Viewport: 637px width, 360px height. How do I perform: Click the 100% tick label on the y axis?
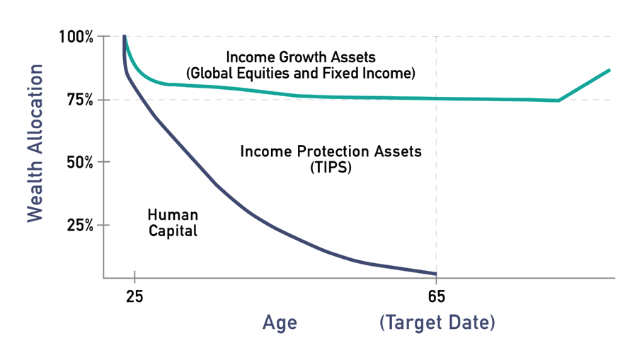pos(76,37)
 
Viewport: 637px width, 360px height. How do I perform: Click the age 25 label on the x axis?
pos(134,296)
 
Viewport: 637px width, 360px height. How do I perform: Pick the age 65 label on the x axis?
pos(436,296)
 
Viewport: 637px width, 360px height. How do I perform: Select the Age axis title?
pos(280,323)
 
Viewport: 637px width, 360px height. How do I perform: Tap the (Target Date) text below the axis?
pos(437,323)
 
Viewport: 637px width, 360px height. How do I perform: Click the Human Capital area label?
pos(172,222)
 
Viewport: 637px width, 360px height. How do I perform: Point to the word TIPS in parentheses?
pos(331,168)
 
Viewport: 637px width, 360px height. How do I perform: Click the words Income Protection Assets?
pos(331,151)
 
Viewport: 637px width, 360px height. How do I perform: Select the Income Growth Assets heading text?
pos(300,56)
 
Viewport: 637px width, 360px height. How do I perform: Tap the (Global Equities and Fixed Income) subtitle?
pos(300,73)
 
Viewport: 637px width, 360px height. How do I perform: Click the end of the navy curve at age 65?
pos(436,274)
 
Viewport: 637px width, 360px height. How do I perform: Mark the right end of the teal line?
pos(609,70)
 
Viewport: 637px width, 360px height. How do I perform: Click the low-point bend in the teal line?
pos(558,100)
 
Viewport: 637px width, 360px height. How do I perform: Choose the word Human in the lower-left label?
pos(172,214)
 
